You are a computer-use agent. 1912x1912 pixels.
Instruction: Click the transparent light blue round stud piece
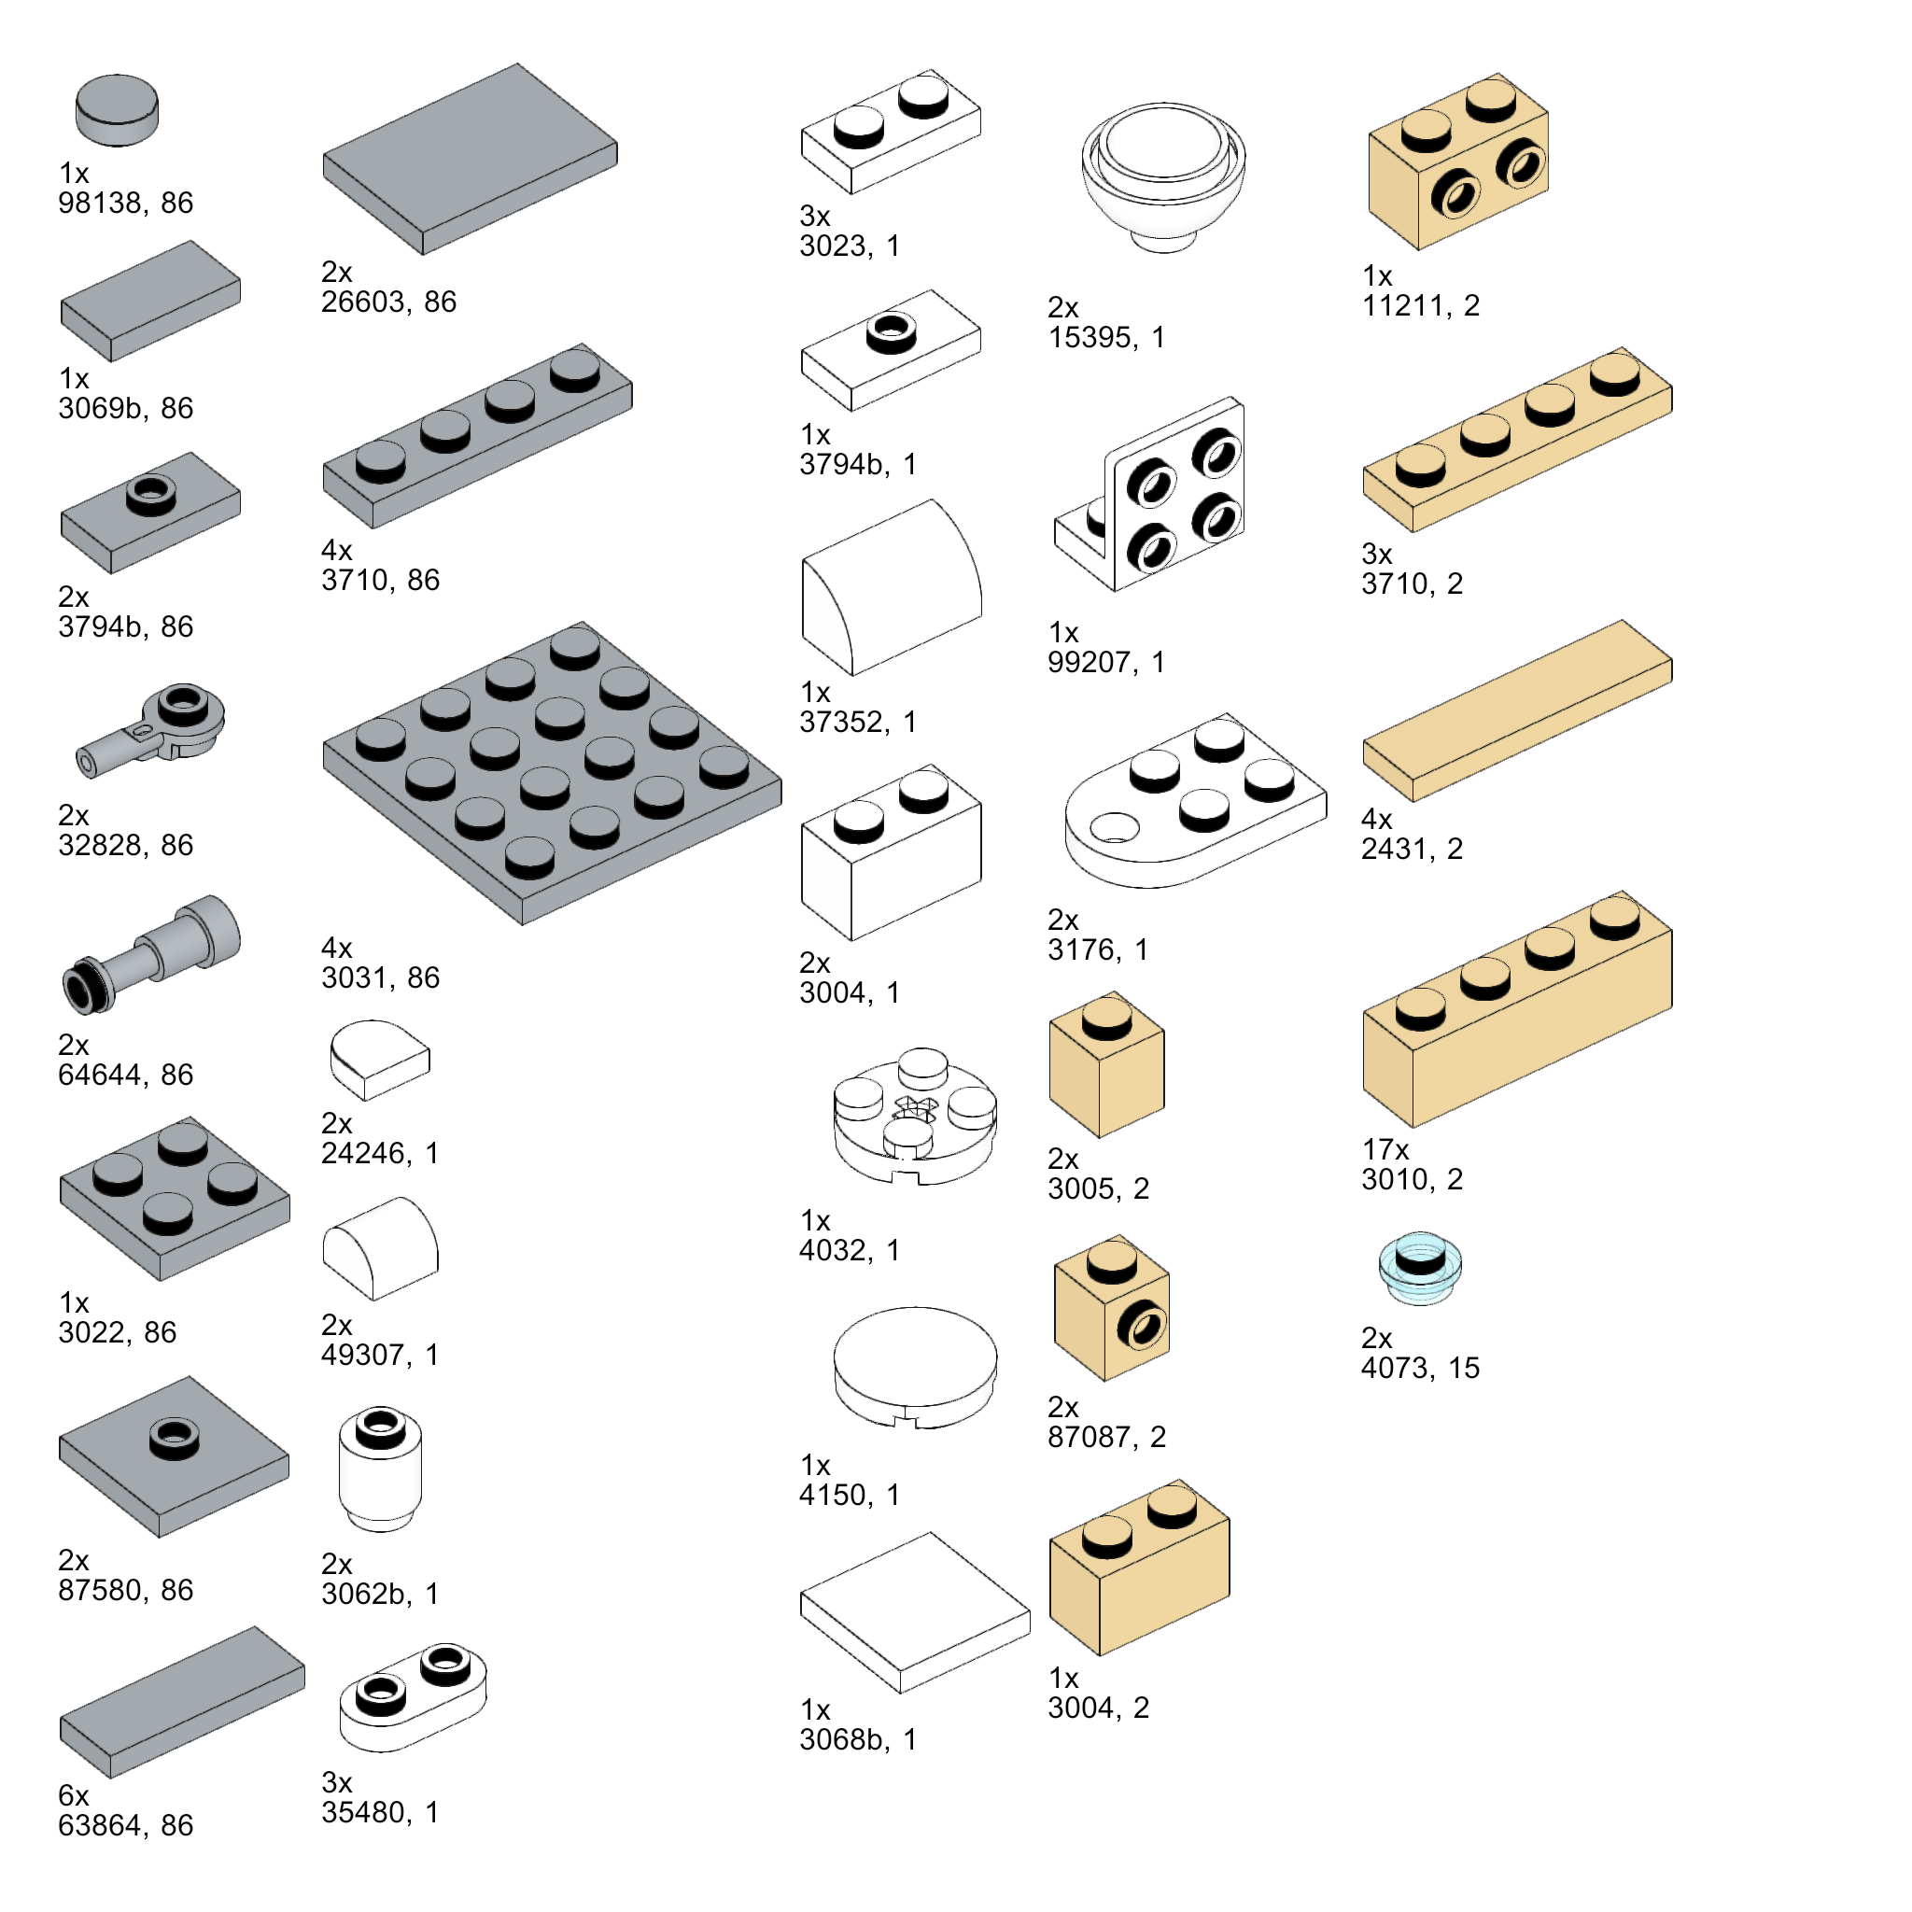click(1419, 1268)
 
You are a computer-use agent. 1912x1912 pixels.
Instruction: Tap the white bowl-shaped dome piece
click(1163, 177)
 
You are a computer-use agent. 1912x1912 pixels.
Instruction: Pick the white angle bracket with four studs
click(1150, 494)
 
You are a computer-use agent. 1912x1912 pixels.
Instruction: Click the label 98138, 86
click(126, 203)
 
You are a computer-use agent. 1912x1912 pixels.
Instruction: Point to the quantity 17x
click(1385, 1149)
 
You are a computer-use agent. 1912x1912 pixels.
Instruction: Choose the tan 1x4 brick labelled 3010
click(1517, 1008)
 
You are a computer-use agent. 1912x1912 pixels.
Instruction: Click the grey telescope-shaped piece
click(151, 954)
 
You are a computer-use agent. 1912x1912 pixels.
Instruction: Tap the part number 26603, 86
click(389, 302)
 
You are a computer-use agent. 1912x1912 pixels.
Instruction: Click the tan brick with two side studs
click(1457, 162)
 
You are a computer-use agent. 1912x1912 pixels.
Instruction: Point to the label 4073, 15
click(1420, 1368)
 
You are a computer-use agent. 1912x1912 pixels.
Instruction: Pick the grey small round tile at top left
click(117, 110)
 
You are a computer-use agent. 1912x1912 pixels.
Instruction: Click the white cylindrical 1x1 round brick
click(380, 1469)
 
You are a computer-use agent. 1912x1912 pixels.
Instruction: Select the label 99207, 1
click(1106, 662)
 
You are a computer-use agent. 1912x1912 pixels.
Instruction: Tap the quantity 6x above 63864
click(73, 1795)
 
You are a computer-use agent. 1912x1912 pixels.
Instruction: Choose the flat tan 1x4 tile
click(1517, 710)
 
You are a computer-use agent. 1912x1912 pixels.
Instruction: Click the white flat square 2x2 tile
click(914, 1613)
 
